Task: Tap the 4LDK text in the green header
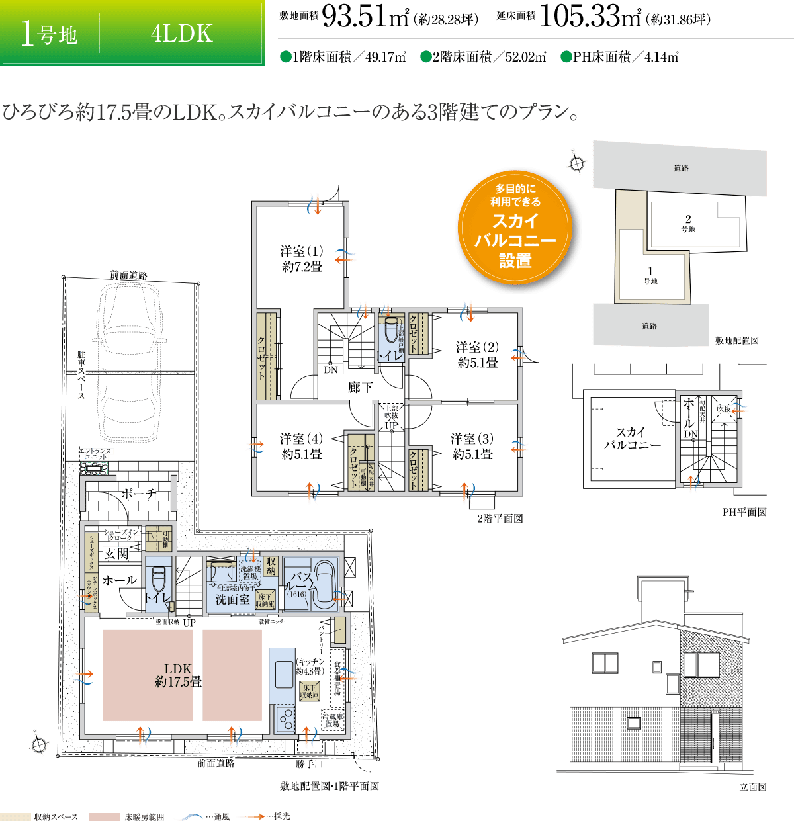point(181,33)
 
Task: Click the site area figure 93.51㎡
point(365,19)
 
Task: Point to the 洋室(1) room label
point(302,259)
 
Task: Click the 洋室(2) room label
point(477,355)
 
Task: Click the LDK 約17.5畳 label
point(178,675)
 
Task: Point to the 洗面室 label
point(232,599)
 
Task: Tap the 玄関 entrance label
point(116,554)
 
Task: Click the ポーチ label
point(139,494)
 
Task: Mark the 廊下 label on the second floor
point(360,388)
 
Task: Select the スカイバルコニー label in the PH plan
point(632,438)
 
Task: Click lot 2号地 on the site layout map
point(688,223)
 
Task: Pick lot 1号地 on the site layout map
point(650,275)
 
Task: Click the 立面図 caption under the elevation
point(752,787)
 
